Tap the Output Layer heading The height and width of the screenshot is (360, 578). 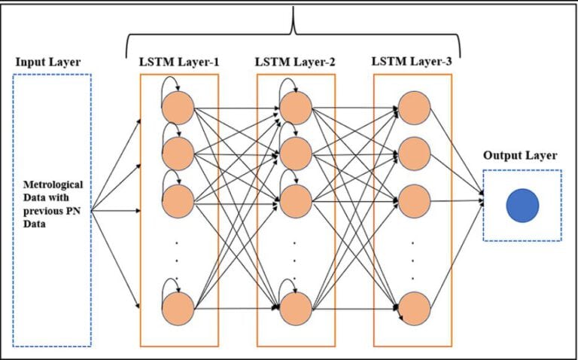(520, 156)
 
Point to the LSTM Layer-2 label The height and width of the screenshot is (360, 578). (295, 60)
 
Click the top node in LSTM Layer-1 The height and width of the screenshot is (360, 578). (178, 108)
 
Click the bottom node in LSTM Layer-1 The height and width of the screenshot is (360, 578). (178, 310)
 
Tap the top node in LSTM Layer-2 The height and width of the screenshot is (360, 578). (295, 108)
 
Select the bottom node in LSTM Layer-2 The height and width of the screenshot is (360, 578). (295, 310)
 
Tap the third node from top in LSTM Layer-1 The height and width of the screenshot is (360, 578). (178, 201)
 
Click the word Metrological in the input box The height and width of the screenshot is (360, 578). (53, 184)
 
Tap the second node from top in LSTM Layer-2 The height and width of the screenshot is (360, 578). (295, 154)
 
